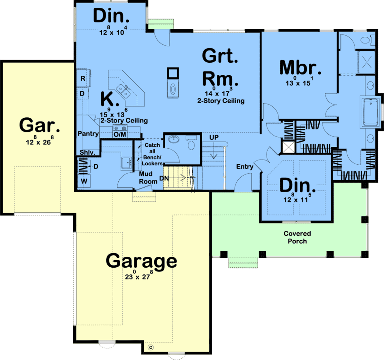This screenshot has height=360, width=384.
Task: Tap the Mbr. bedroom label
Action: [x=300, y=67]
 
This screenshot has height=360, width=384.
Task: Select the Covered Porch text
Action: [x=297, y=237]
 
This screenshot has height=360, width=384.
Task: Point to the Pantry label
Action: [x=88, y=134]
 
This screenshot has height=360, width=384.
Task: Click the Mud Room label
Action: [x=148, y=178]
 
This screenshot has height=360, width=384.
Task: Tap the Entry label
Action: [x=244, y=167]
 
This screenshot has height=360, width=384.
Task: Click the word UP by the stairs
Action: [x=214, y=137]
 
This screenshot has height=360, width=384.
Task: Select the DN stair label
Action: [x=164, y=178]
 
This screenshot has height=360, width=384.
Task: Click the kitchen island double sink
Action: [x=123, y=91]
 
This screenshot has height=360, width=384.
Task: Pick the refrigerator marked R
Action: [x=83, y=78]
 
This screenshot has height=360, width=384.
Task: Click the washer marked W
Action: [x=84, y=181]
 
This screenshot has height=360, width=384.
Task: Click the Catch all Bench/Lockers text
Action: [x=152, y=154]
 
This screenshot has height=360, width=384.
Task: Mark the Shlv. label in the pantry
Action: [x=88, y=153]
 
